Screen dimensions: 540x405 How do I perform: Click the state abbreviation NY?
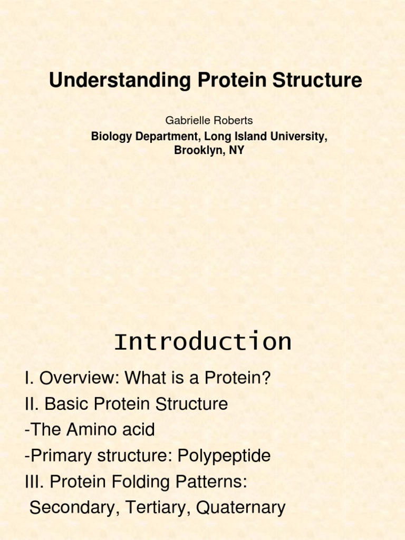[x=237, y=150]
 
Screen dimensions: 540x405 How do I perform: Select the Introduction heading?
[x=202, y=342]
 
